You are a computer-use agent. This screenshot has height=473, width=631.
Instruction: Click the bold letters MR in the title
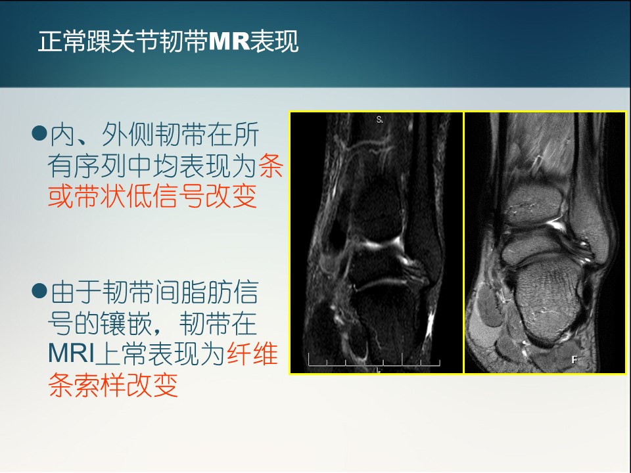click(229, 41)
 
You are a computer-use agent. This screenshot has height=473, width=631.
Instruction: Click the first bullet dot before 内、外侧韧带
click(39, 132)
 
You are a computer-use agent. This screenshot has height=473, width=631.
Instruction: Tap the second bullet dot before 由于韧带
click(39, 290)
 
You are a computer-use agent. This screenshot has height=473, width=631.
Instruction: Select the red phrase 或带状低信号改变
click(152, 196)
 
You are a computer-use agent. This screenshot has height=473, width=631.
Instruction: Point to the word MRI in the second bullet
click(71, 353)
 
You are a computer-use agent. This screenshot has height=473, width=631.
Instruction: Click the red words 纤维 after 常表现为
click(252, 353)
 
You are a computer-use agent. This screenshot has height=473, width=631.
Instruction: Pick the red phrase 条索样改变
click(113, 385)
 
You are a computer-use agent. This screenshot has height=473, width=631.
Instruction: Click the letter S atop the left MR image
click(379, 120)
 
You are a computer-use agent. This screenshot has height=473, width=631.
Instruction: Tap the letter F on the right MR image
click(574, 359)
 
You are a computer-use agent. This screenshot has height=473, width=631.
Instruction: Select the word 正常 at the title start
click(62, 41)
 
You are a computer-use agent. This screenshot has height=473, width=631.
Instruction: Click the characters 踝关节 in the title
click(123, 41)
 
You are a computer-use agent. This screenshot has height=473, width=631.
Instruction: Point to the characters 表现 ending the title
click(275, 41)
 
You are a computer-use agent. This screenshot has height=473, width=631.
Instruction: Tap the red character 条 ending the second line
click(271, 166)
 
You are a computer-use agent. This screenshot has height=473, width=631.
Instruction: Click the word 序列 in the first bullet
click(100, 166)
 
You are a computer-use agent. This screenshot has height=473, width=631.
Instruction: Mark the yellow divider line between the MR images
click(463, 242)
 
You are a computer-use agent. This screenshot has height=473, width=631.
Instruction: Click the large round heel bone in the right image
click(549, 301)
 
